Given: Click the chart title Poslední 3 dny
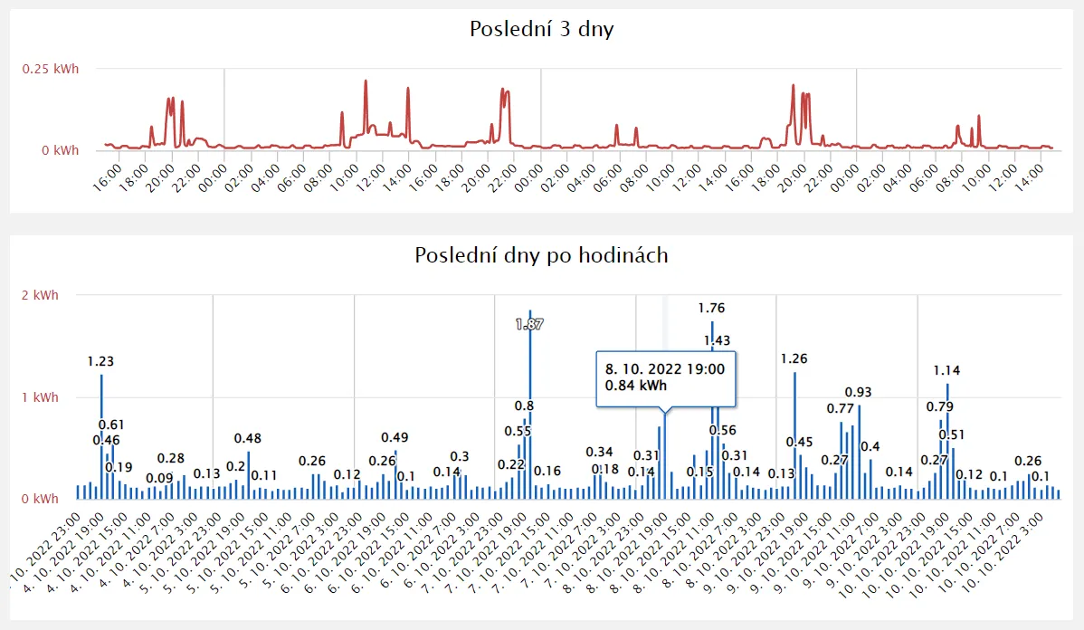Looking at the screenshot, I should coord(542,29).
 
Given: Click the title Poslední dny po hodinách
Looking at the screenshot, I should coord(541,255).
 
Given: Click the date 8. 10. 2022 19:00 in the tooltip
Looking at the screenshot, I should coord(664,368).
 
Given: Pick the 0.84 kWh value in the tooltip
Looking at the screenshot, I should coord(635,387).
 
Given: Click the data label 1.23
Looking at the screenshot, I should coord(100,361).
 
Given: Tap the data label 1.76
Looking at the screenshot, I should coord(712,309).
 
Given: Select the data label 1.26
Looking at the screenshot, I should coord(794,358).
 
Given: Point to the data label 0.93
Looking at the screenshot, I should coord(859,392).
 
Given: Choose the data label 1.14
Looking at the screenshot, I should coord(947,370).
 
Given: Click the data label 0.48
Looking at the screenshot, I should coord(248,439).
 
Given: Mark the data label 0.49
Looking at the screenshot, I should coord(395,438).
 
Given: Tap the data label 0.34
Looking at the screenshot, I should coord(599,453).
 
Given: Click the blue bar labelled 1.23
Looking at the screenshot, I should coord(101,434).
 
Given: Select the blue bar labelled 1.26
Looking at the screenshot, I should coord(794,434).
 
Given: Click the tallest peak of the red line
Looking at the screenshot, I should coord(366,81).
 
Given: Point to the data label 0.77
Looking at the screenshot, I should coord(840,409).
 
